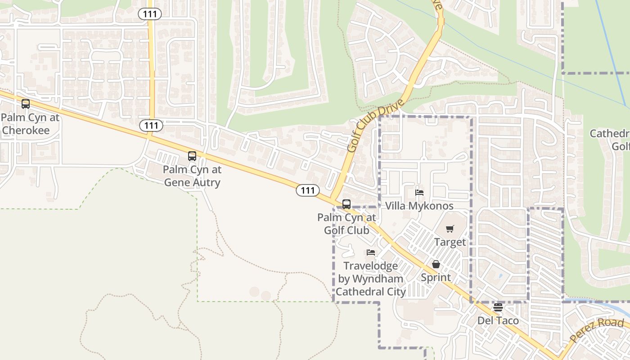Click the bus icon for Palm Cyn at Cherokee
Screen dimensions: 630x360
point(26,104)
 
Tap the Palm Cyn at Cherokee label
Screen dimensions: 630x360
point(30,124)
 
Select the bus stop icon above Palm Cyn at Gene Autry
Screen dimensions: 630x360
point(192,157)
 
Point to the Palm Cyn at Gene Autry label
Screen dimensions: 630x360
point(192,176)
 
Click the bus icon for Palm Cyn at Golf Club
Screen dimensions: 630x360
point(346,204)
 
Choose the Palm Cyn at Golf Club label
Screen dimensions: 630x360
point(346,224)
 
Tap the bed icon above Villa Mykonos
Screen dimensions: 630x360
point(419,193)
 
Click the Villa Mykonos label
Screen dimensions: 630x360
point(419,206)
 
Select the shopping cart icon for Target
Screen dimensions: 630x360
point(450,229)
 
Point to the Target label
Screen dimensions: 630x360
point(450,242)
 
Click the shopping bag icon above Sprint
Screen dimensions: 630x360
point(436,264)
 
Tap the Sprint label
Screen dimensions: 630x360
point(436,277)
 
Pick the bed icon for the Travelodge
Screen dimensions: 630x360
point(371,252)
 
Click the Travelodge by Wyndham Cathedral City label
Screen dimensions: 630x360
point(371,279)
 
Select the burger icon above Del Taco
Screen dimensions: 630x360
point(498,308)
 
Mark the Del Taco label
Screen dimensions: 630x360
point(498,321)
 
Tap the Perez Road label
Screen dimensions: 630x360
point(596,331)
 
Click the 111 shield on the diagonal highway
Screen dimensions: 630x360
point(308,190)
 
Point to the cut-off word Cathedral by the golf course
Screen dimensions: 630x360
point(610,134)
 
